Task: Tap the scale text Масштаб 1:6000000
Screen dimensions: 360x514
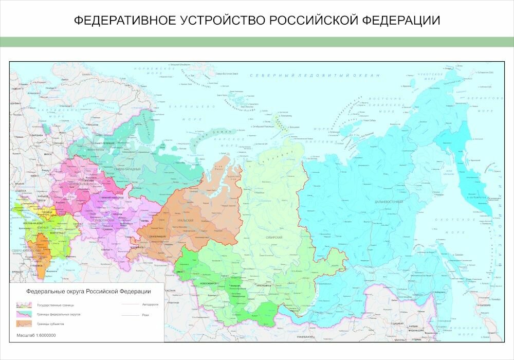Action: [x=36, y=335]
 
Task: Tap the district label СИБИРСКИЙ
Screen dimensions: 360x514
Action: [x=274, y=237]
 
